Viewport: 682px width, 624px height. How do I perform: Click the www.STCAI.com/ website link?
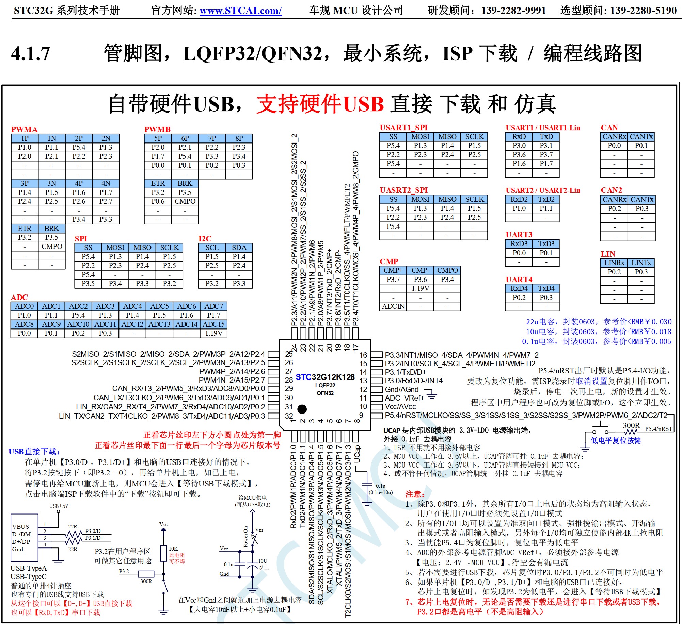pyautogui.click(x=240, y=11)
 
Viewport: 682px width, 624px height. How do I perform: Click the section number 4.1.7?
pyautogui.click(x=31, y=54)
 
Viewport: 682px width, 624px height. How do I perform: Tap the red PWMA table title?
pyautogui.click(x=24, y=129)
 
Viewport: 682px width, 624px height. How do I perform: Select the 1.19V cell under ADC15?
pyautogui.click(x=213, y=333)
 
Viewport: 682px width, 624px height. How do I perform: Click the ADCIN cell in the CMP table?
pyautogui.click(x=393, y=306)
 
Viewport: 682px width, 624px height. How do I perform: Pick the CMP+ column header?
pyautogui.click(x=393, y=270)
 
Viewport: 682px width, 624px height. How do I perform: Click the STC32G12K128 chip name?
pyautogui.click(x=325, y=377)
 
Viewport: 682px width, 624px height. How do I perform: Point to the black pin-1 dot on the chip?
pyautogui.click(x=302, y=409)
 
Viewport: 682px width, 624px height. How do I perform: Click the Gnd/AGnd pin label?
pyautogui.click(x=402, y=390)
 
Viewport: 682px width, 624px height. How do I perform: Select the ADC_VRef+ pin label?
pyautogui.click(x=405, y=398)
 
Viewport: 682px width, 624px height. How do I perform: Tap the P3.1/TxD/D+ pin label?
pyautogui.click(x=406, y=372)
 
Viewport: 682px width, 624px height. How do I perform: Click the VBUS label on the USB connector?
pyautogui.click(x=20, y=527)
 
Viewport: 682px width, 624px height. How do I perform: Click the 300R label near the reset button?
pyautogui.click(x=631, y=426)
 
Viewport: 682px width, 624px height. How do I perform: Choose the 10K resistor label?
pyautogui.click(x=173, y=549)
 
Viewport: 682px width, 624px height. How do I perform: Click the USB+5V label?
pyautogui.click(x=59, y=506)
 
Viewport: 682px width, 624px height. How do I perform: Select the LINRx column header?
pyautogui.click(x=614, y=263)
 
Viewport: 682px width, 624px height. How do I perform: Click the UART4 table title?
pyautogui.click(x=519, y=280)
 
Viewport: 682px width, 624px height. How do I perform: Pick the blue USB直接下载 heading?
pyautogui.click(x=34, y=452)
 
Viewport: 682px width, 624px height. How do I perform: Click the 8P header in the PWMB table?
pyautogui.click(x=239, y=138)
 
